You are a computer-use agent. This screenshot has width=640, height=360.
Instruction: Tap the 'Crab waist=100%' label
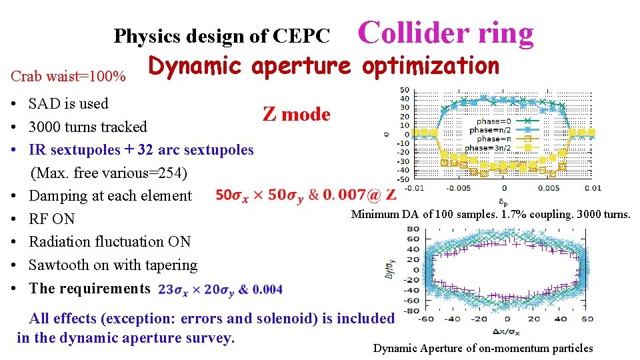69,76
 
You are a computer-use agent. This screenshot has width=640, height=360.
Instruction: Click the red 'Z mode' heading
296,114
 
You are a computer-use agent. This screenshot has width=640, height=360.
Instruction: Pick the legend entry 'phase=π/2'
491,130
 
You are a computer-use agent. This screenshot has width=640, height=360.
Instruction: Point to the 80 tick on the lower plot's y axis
413,229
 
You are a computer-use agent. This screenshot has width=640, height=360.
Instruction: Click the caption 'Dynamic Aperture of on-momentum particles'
483,348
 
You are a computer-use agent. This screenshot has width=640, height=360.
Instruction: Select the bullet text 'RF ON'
51,219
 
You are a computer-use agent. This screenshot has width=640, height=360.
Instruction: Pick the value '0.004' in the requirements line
268,289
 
